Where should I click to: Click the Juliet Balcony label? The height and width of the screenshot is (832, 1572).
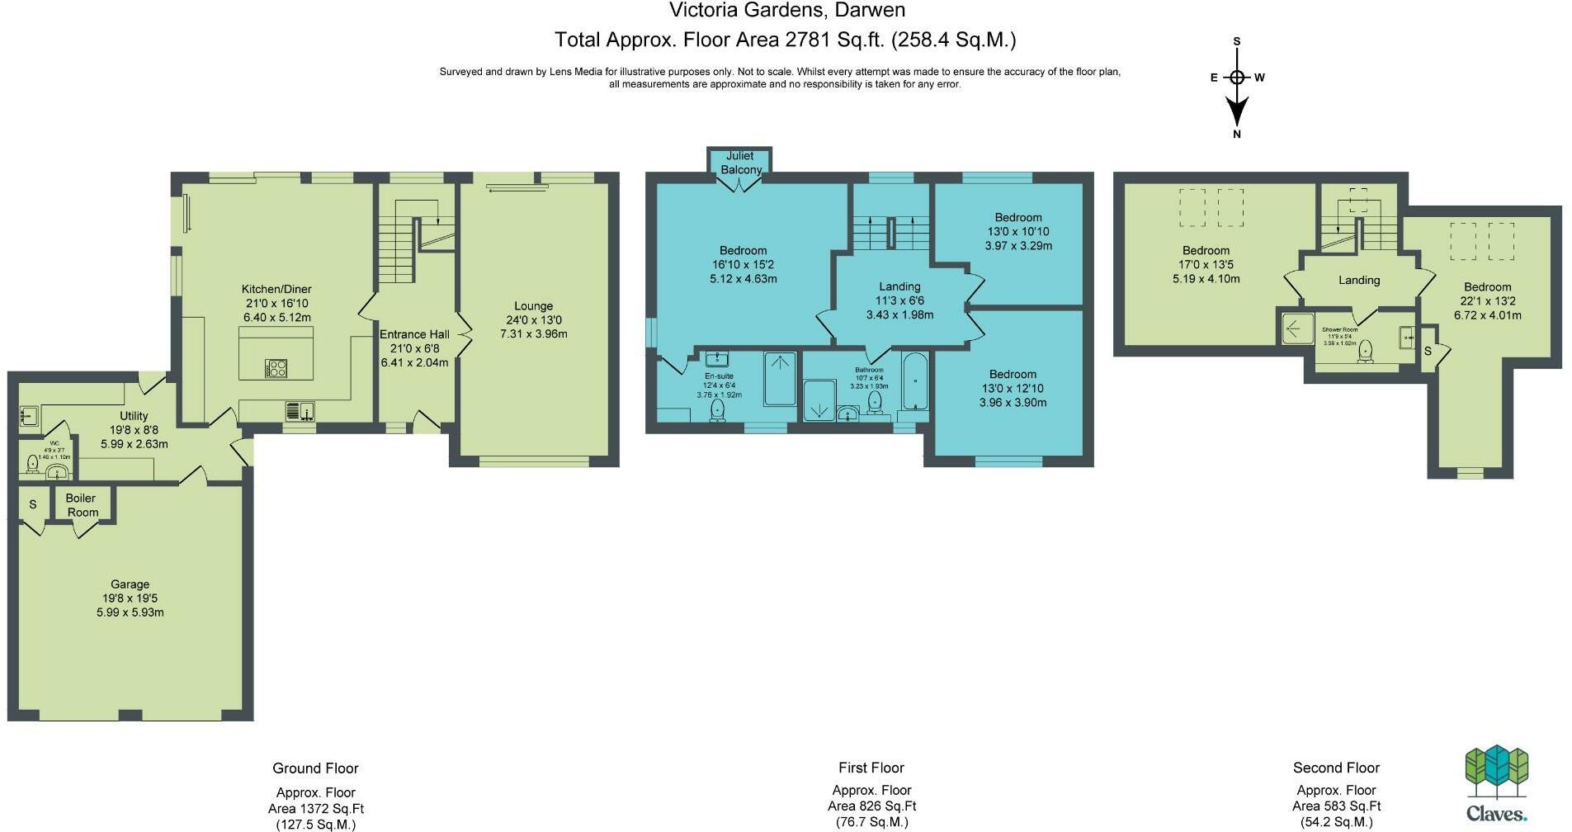tap(740, 163)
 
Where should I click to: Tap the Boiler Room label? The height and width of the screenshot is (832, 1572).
tap(81, 504)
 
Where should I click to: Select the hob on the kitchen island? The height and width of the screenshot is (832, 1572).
tap(276, 368)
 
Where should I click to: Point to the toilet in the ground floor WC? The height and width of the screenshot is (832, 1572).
tap(32, 464)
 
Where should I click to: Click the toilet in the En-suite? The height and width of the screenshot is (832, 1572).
tap(717, 409)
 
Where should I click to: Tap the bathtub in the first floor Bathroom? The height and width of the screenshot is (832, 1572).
tap(915, 381)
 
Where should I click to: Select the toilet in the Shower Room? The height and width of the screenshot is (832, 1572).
tap(1366, 350)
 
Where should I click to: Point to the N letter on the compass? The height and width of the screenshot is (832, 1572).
tap(1236, 135)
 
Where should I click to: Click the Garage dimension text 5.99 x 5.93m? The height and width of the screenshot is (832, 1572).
tap(130, 612)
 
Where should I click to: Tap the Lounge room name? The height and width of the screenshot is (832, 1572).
tap(533, 305)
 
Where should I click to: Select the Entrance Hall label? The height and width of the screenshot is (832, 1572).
tap(414, 334)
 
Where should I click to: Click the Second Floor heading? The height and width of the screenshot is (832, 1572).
tap(1336, 768)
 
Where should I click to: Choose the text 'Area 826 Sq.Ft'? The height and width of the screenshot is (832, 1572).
tap(871, 806)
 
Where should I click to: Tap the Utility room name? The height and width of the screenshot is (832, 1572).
tap(134, 416)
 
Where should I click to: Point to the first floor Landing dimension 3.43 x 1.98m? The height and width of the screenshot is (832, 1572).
tap(899, 314)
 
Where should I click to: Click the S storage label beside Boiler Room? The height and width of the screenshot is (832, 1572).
tap(33, 504)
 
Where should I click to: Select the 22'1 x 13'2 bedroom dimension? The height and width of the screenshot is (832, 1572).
tap(1487, 301)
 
